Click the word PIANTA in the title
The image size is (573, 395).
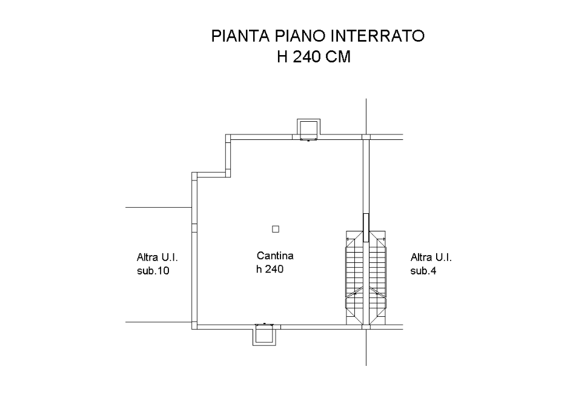[x=240, y=36]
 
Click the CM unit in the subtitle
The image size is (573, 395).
[x=338, y=56]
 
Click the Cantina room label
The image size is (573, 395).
[x=275, y=256]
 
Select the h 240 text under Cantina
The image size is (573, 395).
[x=270, y=269]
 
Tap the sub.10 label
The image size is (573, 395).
[x=153, y=271]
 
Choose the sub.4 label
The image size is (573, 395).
[x=423, y=271]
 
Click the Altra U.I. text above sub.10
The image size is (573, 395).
[x=157, y=257]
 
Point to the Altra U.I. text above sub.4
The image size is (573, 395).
[x=431, y=257]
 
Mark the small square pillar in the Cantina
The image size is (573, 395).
[x=276, y=229]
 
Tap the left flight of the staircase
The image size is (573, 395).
[x=355, y=277]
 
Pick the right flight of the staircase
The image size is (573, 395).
[x=377, y=277]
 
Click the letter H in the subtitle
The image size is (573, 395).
[x=282, y=56]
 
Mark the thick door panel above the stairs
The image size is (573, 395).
[x=366, y=228]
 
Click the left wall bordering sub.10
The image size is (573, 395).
[x=194, y=251]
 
